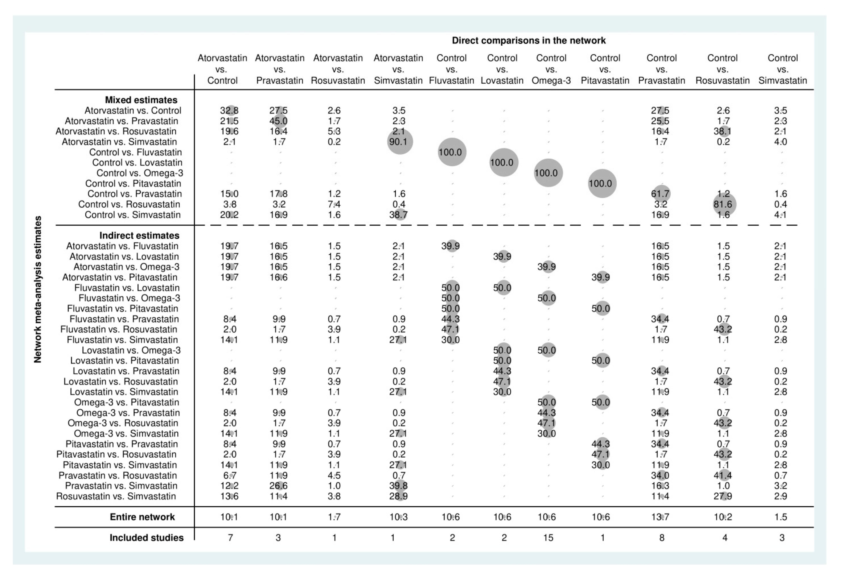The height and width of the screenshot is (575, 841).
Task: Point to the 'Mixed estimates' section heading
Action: click(x=141, y=100)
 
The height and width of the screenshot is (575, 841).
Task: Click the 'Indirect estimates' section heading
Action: click(x=139, y=236)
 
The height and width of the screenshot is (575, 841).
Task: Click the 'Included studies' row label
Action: click(x=146, y=538)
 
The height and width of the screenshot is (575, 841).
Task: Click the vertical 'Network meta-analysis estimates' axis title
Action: click(x=38, y=289)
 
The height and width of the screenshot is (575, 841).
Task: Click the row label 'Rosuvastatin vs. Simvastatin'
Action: click(x=116, y=496)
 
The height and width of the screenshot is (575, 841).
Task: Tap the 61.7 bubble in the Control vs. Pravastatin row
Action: click(x=661, y=194)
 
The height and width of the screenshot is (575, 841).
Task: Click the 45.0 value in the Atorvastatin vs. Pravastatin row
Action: click(x=279, y=121)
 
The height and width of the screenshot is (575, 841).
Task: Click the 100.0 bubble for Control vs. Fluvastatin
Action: click(x=451, y=152)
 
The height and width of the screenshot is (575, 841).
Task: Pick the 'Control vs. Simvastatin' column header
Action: click(x=782, y=69)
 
